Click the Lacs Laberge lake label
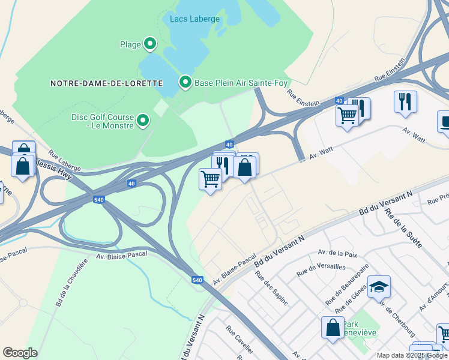[194, 19]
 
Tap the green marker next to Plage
[150, 44]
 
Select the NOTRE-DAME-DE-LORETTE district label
[106, 83]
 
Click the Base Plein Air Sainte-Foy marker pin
[185, 82]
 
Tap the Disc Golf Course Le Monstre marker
[143, 121]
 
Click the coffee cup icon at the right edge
[445, 122]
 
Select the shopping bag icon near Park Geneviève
[333, 328]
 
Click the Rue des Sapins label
[271, 288]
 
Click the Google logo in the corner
[20, 352]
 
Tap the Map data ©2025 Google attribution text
[411, 355]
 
